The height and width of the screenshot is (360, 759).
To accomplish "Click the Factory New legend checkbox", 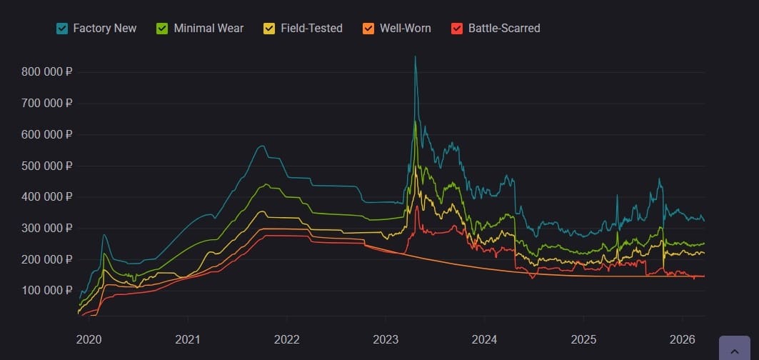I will point(62,29).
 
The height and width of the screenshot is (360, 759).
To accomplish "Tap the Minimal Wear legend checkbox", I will point(162,29).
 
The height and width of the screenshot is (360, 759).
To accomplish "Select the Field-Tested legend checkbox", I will point(269,29).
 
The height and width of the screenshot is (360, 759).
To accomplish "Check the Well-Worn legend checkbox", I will point(368,29).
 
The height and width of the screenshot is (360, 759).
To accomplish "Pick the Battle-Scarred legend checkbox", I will point(457,29).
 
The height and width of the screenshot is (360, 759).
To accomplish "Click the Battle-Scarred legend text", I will point(504,29).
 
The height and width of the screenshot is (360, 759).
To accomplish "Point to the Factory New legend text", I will point(105,29).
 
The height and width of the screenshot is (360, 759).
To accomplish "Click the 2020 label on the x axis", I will point(89,339).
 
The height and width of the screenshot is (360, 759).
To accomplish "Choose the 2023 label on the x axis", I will point(386,339).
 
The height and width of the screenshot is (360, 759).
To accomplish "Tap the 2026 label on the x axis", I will point(682,339).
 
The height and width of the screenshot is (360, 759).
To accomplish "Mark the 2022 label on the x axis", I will point(286,339).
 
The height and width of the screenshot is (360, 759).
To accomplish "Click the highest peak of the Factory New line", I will point(415,57).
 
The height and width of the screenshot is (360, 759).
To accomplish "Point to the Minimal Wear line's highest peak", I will point(415,121).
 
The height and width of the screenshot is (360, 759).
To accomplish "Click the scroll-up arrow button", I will point(734,350).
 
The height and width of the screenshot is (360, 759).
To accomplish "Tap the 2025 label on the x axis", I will point(583,339).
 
